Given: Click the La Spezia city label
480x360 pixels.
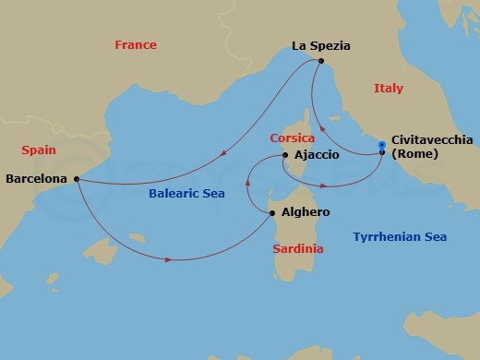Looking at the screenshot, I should point(322,44).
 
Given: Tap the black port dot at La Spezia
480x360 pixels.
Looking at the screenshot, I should point(320,61).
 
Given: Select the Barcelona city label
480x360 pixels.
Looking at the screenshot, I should point(36,178).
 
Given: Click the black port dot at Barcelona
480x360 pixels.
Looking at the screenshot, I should point(76,178).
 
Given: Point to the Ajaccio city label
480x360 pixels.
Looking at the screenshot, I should point(316,155).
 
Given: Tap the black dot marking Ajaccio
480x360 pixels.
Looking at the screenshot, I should point(285,155).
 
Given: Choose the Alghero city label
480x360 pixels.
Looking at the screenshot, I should point(305,212).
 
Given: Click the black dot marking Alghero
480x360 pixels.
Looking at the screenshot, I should point(271,213).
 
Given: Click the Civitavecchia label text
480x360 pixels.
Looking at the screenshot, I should point(432,139).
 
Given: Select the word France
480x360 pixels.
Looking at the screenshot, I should point(135,45).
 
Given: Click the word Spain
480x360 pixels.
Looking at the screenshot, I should point(40,150).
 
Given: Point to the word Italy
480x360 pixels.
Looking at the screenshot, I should point(389,89).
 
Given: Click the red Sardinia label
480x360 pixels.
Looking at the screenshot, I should point(298,249).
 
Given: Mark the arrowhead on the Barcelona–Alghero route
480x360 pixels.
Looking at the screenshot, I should point(169,259).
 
